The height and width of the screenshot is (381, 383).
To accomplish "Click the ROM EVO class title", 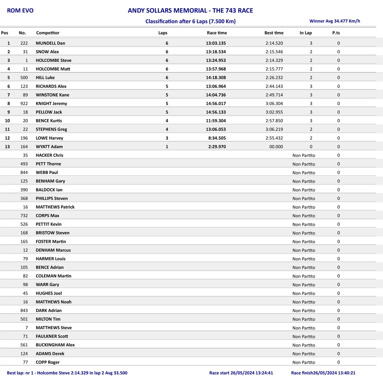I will pyautogui.click(x=20, y=11).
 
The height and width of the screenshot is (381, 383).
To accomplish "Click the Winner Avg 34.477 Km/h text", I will pyautogui.click(x=334, y=21).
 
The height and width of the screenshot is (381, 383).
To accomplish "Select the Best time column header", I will pyautogui.click(x=274, y=33).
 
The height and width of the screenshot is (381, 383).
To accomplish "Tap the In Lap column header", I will pyautogui.click(x=305, y=33).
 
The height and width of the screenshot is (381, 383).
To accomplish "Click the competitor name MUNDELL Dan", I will pyautogui.click(x=50, y=43).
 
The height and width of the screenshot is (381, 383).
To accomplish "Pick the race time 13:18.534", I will pyautogui.click(x=216, y=52).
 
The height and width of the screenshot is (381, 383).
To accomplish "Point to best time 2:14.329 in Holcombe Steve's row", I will pyautogui.click(x=274, y=60).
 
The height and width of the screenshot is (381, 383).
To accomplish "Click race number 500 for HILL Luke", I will pyautogui.click(x=24, y=78).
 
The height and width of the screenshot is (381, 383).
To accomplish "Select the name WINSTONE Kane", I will pyautogui.click(x=52, y=95).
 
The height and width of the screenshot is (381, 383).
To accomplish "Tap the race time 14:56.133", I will pyautogui.click(x=216, y=112).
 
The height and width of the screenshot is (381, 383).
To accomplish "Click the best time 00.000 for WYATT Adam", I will pyautogui.click(x=276, y=147).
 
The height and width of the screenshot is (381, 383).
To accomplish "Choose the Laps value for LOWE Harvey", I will pyautogui.click(x=167, y=138).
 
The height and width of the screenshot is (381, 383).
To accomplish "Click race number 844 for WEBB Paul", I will pyautogui.click(x=24, y=173).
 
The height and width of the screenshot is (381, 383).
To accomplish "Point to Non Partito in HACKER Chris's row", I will pyautogui.click(x=304, y=155).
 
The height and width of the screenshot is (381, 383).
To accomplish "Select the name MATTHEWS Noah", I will pyautogui.click(x=54, y=302).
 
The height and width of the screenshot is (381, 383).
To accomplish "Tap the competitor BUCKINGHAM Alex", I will pyautogui.click(x=55, y=345).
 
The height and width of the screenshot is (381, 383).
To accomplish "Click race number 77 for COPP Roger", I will pyautogui.click(x=25, y=362).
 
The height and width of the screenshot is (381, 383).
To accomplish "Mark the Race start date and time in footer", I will pyautogui.click(x=241, y=373).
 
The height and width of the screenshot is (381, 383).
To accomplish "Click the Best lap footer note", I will pyautogui.click(x=67, y=373).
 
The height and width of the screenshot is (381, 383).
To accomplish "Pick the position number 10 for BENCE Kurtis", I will pyautogui.click(x=7, y=121).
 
